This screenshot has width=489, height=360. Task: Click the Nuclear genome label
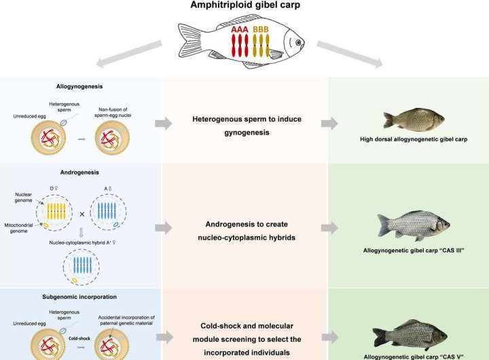click(29, 199)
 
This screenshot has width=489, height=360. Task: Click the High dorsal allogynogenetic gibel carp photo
click(413, 120)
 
